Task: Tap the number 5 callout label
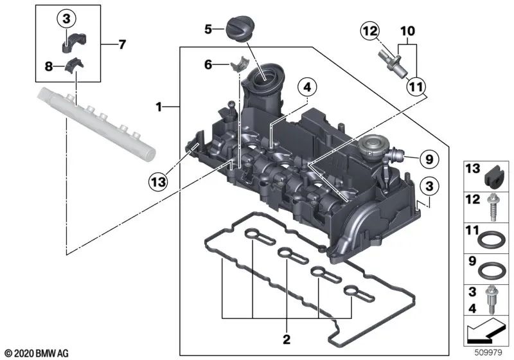click(208, 29)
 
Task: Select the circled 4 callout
click(307, 87)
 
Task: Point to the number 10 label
click(407, 30)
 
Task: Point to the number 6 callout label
click(208, 64)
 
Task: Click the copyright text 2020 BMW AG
click(37, 353)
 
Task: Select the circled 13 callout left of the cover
click(158, 181)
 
